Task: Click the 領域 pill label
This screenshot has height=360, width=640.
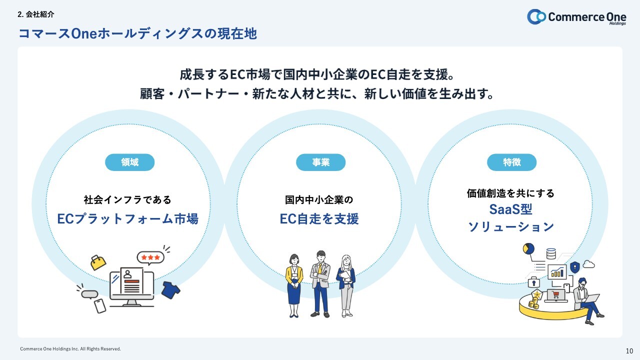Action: click(129, 162)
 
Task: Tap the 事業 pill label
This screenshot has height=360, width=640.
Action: click(320, 162)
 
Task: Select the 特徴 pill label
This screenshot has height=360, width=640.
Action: click(511, 162)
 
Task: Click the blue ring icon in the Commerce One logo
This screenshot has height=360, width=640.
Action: click(536, 16)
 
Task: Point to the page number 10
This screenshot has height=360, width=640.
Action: click(629, 350)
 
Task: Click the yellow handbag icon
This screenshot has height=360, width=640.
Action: click(98, 262)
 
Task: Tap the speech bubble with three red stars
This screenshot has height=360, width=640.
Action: click(150, 257)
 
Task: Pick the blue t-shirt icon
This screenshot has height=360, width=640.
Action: click(170, 290)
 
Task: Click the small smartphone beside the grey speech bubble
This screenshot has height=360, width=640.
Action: click(100, 305)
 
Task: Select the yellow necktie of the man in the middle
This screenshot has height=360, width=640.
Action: click(320, 268)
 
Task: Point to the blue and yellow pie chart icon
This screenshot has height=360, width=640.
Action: click(528, 248)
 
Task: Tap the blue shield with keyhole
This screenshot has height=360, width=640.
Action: click(575, 266)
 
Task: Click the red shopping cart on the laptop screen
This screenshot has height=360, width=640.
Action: click(555, 294)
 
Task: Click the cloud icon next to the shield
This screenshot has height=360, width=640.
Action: click(588, 264)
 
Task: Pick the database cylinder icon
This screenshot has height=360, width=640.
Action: click(551, 253)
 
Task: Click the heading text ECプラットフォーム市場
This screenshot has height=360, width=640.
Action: click(127, 219)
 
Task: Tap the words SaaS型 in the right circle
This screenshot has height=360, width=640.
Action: click(510, 208)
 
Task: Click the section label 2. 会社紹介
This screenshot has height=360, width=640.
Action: click(35, 15)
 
